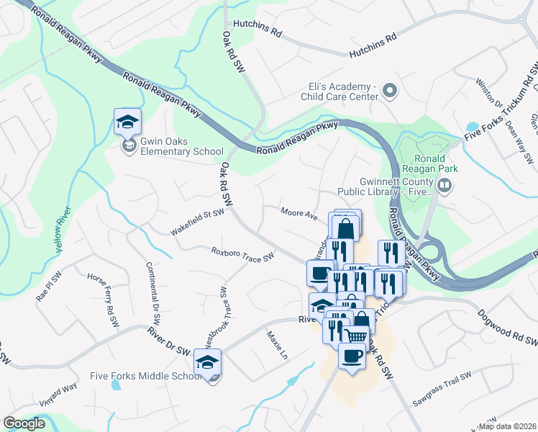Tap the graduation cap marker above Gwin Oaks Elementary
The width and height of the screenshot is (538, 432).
[x=127, y=122]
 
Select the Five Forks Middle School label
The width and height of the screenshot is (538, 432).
[x=146, y=376]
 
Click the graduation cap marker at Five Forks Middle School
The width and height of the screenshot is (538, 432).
[x=209, y=362]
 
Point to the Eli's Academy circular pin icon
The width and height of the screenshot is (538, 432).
[x=389, y=91]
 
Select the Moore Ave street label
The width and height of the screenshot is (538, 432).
[x=299, y=215]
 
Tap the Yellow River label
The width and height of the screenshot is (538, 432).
[x=63, y=230]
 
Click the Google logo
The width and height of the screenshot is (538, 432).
[x=24, y=423]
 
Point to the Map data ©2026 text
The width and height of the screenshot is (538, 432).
[x=507, y=426]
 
